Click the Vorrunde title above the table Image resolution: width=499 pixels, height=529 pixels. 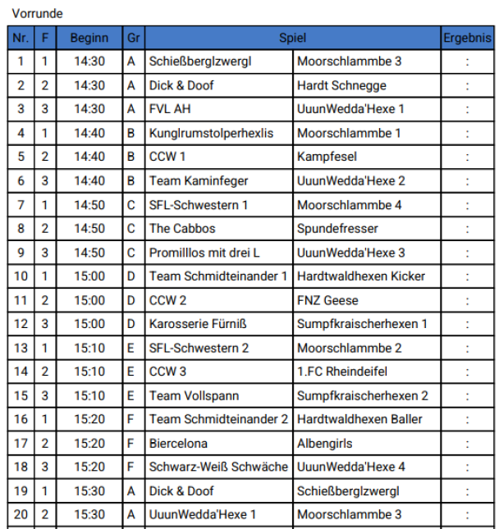point(38,14)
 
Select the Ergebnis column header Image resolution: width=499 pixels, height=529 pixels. point(467,38)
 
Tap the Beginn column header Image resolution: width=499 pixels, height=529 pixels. point(89,38)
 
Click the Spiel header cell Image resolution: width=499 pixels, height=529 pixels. point(292,38)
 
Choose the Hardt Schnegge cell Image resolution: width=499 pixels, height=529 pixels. point(341,85)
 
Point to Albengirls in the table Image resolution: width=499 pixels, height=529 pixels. point(325,443)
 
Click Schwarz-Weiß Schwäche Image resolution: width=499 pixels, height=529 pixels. point(218,467)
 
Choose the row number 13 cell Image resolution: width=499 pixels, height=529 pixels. point(21,348)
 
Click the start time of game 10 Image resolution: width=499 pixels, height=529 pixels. point(89,276)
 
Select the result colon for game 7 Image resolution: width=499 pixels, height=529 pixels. point(467,205)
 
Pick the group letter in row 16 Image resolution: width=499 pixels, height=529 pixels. point(131,419)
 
